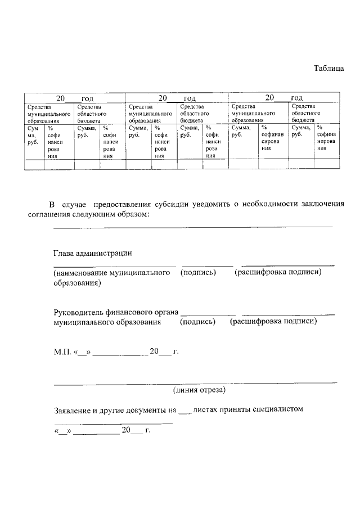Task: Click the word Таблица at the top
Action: pyautogui.click(x=328, y=69)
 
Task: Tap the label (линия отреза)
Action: pyautogui.click(x=199, y=389)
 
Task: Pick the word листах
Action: pyautogui.click(x=206, y=409)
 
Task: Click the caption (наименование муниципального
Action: pyautogui.click(x=112, y=273)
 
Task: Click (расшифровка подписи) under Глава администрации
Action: pyautogui.click(x=278, y=272)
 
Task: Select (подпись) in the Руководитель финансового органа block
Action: pyautogui.click(x=198, y=322)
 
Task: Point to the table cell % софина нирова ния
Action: pyautogui.click(x=327, y=139)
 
